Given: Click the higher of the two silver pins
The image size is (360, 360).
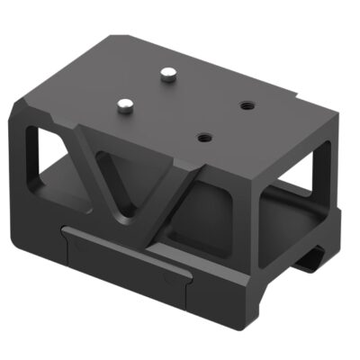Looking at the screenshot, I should tap(166, 75).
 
